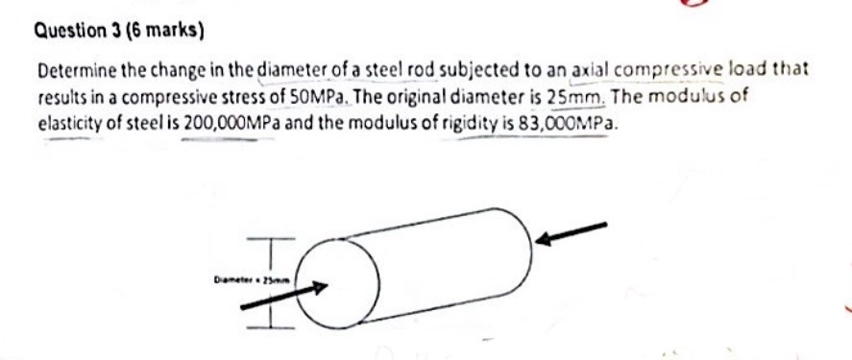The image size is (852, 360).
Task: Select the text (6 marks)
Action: tap(169, 30)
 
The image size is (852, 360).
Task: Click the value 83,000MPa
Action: tap(566, 124)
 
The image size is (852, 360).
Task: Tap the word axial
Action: tap(590, 71)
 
